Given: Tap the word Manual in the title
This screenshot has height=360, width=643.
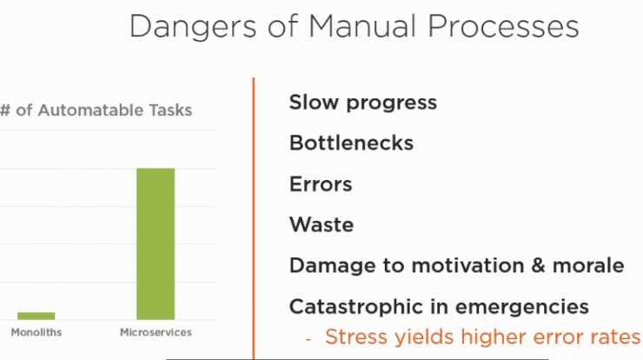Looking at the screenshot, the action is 362,26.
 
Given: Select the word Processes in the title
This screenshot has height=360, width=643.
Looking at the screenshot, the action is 503,26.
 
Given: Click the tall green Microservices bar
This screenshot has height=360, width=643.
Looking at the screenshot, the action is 156,243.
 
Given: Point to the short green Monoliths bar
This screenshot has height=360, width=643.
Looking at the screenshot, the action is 36,316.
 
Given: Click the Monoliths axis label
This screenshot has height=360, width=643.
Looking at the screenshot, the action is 36,332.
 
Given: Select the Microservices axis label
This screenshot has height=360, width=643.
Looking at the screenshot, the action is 156,332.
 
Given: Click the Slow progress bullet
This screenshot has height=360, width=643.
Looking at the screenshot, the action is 363,103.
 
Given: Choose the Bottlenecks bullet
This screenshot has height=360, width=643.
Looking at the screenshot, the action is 351,143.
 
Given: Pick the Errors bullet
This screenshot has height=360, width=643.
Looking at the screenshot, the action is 321,183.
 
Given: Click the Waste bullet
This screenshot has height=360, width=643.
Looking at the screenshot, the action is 321,224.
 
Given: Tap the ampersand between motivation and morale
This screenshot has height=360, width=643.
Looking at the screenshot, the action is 538,265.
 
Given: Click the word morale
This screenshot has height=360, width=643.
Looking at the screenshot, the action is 588,265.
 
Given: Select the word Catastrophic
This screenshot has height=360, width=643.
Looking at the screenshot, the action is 356,306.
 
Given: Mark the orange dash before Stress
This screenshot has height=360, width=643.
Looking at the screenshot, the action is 308,339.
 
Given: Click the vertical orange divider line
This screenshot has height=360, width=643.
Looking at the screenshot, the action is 254,218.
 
